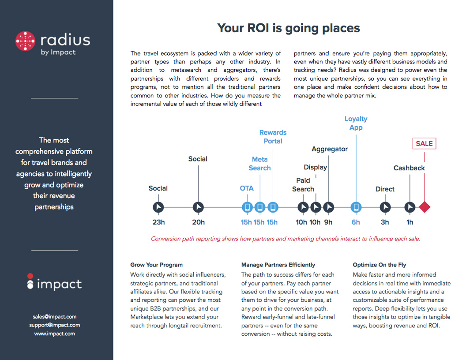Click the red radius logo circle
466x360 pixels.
coord(25,41)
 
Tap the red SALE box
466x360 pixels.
coord(424,143)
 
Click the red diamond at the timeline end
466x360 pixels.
coord(425,207)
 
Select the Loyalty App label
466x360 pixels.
coord(356,123)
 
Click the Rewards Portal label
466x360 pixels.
coord(273,137)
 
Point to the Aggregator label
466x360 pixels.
coord(330,149)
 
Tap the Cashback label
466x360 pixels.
coord(409,168)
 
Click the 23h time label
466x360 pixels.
coord(158,222)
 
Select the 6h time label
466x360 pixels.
coord(356,222)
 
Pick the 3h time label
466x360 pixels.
coord(385,222)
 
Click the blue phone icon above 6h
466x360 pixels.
coord(356,207)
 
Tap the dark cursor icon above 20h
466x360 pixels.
coord(198,207)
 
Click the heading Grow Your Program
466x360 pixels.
coord(156,265)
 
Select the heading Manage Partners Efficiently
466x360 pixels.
coord(278,265)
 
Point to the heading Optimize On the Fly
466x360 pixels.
coord(379,265)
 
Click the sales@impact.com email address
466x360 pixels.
coord(55,317)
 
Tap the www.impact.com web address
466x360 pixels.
coord(55,334)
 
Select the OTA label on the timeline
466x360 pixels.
coord(247,188)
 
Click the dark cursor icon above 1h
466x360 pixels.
coord(410,207)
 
